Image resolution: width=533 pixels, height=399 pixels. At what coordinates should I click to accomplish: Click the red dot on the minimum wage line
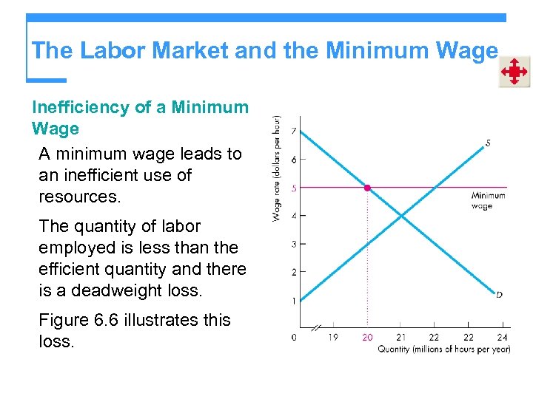367,188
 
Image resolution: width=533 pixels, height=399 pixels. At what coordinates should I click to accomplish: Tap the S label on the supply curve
488,143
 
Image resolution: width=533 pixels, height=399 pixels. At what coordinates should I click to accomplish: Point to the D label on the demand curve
499,295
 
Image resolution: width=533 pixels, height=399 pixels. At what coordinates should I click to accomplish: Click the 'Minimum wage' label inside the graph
488,201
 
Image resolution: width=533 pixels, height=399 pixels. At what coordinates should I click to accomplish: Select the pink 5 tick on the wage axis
293,188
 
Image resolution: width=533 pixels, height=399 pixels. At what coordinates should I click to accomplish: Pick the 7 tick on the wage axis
293,132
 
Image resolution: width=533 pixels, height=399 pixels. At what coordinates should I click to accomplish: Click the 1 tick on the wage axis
293,301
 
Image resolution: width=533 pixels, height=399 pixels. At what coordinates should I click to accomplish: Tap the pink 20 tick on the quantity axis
367,337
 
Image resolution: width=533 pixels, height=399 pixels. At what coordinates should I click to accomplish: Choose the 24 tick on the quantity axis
503,337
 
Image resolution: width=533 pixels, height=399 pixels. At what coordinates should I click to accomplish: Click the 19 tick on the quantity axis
333,337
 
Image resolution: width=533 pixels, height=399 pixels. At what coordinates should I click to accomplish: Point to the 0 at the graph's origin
294,337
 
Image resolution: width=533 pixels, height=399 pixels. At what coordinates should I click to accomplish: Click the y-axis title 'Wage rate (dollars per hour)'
277,168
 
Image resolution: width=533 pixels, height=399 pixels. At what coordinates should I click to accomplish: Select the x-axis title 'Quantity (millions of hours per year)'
444,349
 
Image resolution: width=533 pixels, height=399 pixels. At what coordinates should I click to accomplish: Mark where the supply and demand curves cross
400,216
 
